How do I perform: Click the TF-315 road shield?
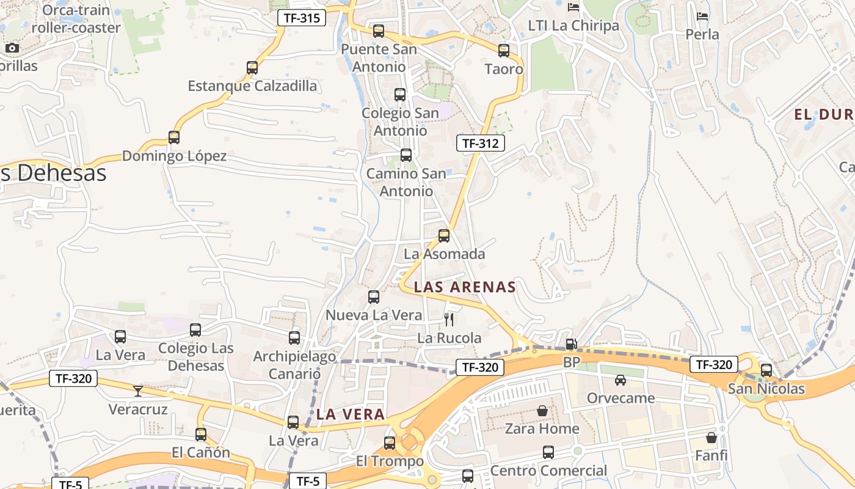click(302, 18)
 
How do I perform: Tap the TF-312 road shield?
click(481, 144)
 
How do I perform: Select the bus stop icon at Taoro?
click(504, 51)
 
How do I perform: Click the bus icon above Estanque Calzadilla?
click(252, 68)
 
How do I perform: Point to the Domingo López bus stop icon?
click(174, 138)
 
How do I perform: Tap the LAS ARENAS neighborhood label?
click(465, 287)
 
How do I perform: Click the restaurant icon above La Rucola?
click(449, 319)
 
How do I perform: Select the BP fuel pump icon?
click(571, 344)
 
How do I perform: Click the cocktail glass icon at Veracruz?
click(138, 391)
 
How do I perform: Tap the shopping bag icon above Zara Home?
click(542, 411)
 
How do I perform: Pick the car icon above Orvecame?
click(620, 380)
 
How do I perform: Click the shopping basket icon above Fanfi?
click(711, 438)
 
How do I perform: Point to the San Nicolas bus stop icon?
click(766, 370)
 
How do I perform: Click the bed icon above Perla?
click(702, 16)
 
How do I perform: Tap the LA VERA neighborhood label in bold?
click(351, 414)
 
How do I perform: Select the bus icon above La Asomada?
click(444, 236)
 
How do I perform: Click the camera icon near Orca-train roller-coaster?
click(12, 48)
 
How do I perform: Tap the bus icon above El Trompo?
click(390, 443)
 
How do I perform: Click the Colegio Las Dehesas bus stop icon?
click(195, 330)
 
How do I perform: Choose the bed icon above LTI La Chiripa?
click(573, 7)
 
